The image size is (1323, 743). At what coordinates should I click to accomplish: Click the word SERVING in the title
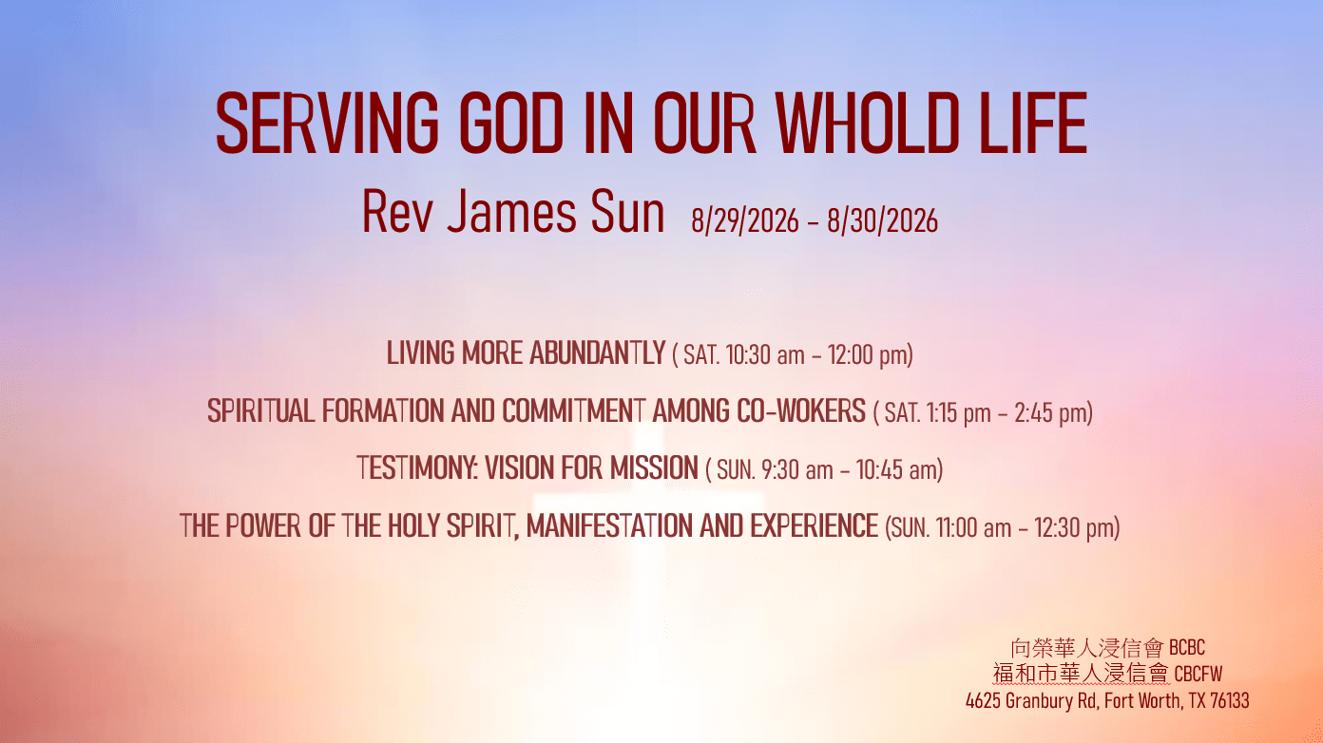pyautogui.click(x=327, y=123)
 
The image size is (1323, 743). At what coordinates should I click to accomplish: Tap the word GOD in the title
pyautogui.click(x=511, y=123)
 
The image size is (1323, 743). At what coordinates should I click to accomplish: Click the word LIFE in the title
pyautogui.click(x=1033, y=123)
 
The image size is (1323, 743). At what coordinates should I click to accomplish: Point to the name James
pyautogui.click(x=511, y=212)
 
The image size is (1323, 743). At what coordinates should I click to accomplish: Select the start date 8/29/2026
pyautogui.click(x=745, y=220)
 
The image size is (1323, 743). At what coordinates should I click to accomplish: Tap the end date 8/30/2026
pyautogui.click(x=882, y=220)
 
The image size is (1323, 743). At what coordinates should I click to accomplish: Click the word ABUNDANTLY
pyautogui.click(x=598, y=353)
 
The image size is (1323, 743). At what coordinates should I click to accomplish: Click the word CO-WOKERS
pyautogui.click(x=801, y=411)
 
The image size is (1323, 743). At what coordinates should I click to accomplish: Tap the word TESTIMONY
pyautogui.click(x=417, y=467)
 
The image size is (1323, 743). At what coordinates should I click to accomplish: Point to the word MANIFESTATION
pyautogui.click(x=610, y=525)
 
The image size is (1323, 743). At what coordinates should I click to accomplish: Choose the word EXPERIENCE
pyautogui.click(x=815, y=525)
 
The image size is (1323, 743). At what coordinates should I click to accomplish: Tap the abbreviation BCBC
pyautogui.click(x=1187, y=648)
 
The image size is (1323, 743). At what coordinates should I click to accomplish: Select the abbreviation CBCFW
pyautogui.click(x=1198, y=674)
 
